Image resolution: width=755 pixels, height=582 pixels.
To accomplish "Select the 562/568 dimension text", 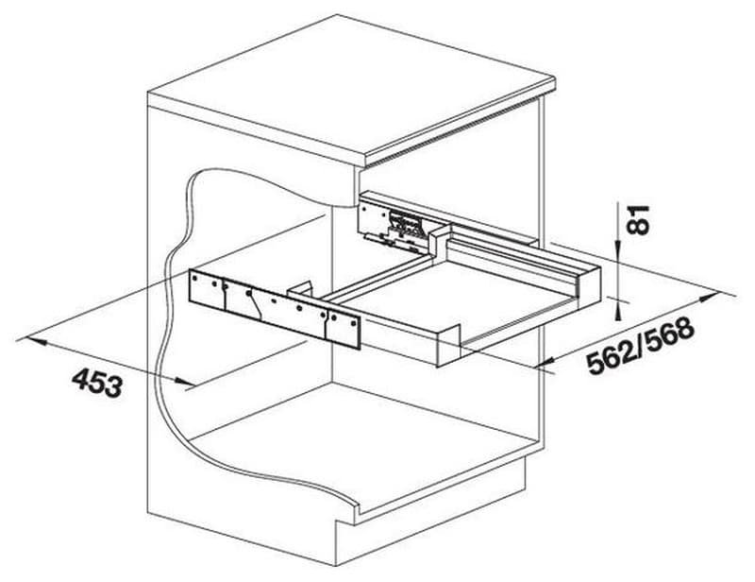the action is pos(641,345).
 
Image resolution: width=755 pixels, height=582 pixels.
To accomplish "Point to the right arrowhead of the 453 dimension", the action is pos(185,381).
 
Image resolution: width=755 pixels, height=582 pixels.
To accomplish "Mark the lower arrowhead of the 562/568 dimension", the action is pos(549,362).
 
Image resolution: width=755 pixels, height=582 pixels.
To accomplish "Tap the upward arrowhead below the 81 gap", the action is pos(618,310).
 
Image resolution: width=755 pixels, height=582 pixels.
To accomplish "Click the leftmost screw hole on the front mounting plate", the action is pos(194,278).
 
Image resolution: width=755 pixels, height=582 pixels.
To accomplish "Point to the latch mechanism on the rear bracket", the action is pos(405,225).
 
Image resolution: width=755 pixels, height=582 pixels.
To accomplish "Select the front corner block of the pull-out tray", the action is pos(447,345).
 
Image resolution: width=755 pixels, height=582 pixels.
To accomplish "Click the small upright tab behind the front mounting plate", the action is pos(301,288).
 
